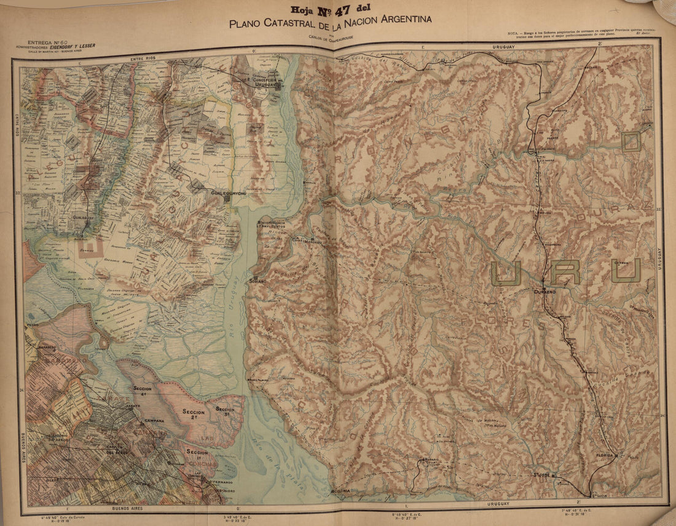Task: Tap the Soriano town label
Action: tap(257, 281)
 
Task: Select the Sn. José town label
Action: tap(540, 475)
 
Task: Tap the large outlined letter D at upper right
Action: tap(631, 141)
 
